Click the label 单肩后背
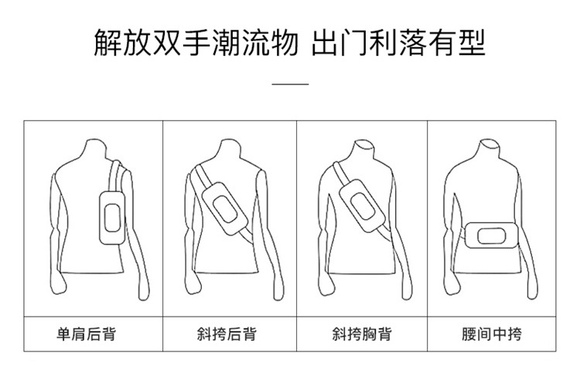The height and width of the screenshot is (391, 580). click(91, 334)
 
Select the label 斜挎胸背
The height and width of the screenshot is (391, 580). click(361, 334)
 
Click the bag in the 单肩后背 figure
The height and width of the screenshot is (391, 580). click(109, 216)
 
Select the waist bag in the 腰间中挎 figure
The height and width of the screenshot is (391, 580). click(488, 233)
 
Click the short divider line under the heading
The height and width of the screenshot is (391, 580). click(292, 83)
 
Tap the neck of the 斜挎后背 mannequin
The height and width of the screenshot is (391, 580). click(230, 150)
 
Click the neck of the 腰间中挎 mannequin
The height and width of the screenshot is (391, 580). click(488, 149)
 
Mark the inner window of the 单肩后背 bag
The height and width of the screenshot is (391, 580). click(110, 217)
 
